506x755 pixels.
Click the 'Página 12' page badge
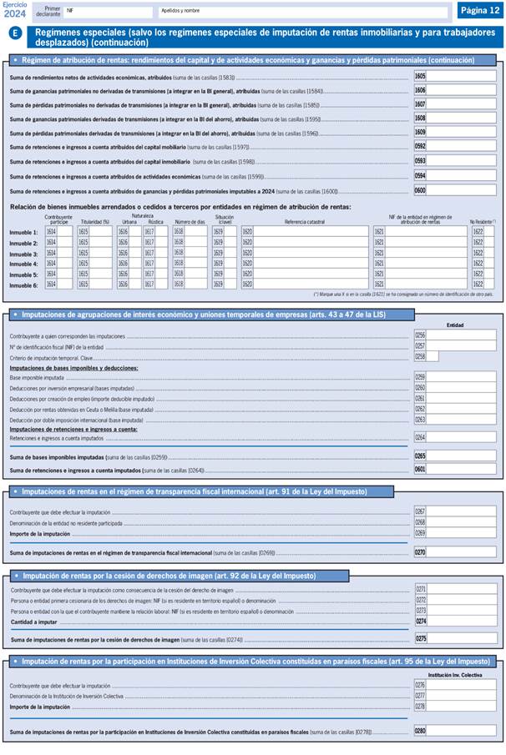(x=478, y=10)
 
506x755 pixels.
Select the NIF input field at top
(x=109, y=13)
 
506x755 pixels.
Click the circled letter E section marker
(x=16, y=33)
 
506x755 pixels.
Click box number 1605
(x=420, y=76)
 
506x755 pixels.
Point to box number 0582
(x=420, y=146)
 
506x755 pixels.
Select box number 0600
(x=420, y=190)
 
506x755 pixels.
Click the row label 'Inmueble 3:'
(x=23, y=254)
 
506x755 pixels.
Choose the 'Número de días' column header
(x=190, y=221)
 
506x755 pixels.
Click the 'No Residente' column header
(x=482, y=222)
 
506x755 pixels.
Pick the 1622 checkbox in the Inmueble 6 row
(x=478, y=284)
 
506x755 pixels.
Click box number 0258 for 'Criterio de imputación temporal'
(x=420, y=356)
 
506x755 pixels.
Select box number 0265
(x=420, y=456)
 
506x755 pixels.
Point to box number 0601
(x=420, y=470)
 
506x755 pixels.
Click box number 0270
(x=420, y=551)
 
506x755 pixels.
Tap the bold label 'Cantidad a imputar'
(x=34, y=621)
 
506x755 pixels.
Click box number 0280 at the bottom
(x=420, y=731)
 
